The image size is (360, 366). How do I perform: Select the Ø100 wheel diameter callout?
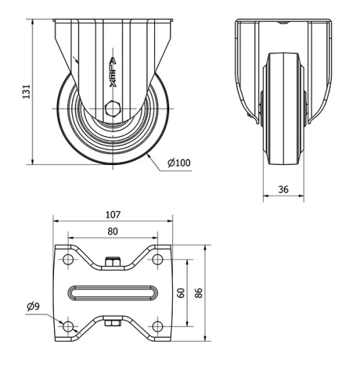tap(179, 163)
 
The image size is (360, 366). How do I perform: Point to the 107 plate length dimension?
tap(112, 215)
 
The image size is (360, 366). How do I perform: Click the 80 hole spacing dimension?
tap(112, 231)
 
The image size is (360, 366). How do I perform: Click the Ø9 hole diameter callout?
tap(33, 307)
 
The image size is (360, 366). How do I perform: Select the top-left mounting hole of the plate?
tap(69, 260)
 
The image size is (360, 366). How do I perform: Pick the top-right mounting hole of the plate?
tap(156, 260)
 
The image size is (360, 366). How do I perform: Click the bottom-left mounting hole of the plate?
tap(69, 326)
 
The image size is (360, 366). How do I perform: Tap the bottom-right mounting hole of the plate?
tap(156, 326)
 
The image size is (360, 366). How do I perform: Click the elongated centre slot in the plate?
tap(112, 293)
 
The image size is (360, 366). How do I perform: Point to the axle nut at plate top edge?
tap(112, 260)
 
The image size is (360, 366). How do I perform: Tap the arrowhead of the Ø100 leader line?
tap(146, 153)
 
